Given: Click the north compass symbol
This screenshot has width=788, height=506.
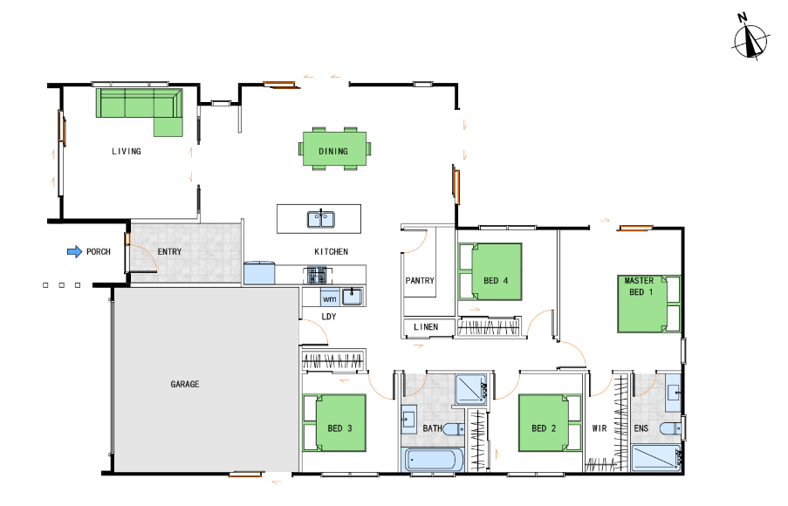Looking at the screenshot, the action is (750, 39).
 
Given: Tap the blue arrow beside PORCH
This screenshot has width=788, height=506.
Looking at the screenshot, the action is (74, 252).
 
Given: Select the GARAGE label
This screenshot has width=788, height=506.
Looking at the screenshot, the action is (184, 385).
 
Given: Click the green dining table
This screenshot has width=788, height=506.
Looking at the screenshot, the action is (334, 148).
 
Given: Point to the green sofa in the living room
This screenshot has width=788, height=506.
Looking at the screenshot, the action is (140, 108).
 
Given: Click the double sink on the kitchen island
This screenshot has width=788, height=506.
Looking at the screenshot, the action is (321, 220).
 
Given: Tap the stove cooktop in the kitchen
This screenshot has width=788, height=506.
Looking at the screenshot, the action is (317, 276).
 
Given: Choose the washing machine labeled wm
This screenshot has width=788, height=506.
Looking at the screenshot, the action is (330, 299).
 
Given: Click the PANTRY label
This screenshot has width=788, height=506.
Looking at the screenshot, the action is (420, 281).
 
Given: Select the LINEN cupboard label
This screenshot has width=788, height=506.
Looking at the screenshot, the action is (426, 327).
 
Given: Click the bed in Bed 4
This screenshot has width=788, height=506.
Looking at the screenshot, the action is (490, 272).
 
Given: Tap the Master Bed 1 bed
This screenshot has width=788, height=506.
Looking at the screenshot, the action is (648, 304).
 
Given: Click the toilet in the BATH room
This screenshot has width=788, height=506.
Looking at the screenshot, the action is (454, 429).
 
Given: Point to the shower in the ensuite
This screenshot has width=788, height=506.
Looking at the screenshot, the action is (656, 458).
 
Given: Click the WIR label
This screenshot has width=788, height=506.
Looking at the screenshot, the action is (599, 428).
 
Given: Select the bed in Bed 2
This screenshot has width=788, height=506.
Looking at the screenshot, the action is (550, 422).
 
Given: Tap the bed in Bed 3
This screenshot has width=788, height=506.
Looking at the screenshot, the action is (334, 422).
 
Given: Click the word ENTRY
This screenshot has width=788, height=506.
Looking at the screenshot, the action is (169, 252).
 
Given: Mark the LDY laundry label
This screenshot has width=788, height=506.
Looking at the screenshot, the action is (329, 317).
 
